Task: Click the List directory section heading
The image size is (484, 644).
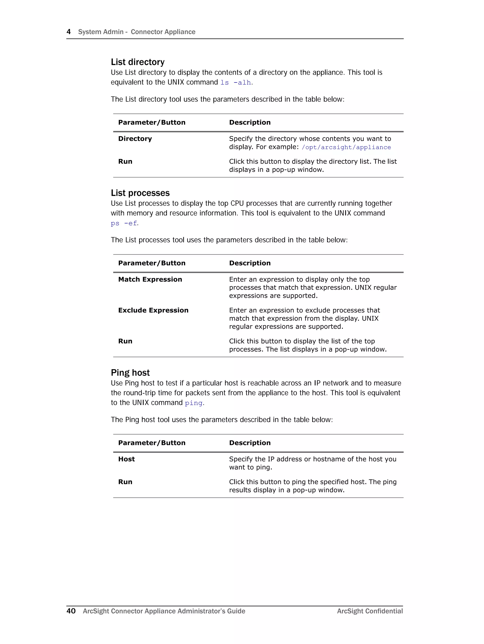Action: point(138,62)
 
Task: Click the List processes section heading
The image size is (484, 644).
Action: point(140,193)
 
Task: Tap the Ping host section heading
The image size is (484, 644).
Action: point(130,372)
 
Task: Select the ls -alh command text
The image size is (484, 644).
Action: point(236,83)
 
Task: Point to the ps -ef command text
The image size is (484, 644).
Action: point(124,223)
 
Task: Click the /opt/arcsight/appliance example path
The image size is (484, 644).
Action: point(346,147)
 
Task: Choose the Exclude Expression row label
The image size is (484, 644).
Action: point(153,310)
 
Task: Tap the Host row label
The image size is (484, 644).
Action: point(126,459)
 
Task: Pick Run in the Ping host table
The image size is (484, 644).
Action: point(125,482)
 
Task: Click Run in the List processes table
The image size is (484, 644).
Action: point(125,341)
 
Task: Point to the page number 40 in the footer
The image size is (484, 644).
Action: point(71,611)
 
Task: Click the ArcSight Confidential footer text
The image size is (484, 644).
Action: point(370,611)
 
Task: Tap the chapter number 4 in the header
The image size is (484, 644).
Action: point(69,32)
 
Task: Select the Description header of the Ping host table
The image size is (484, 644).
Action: point(250,443)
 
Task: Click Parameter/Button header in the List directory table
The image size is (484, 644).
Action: point(152,122)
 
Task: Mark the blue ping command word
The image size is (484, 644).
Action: point(193,403)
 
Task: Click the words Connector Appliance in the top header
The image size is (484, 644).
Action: point(163,32)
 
